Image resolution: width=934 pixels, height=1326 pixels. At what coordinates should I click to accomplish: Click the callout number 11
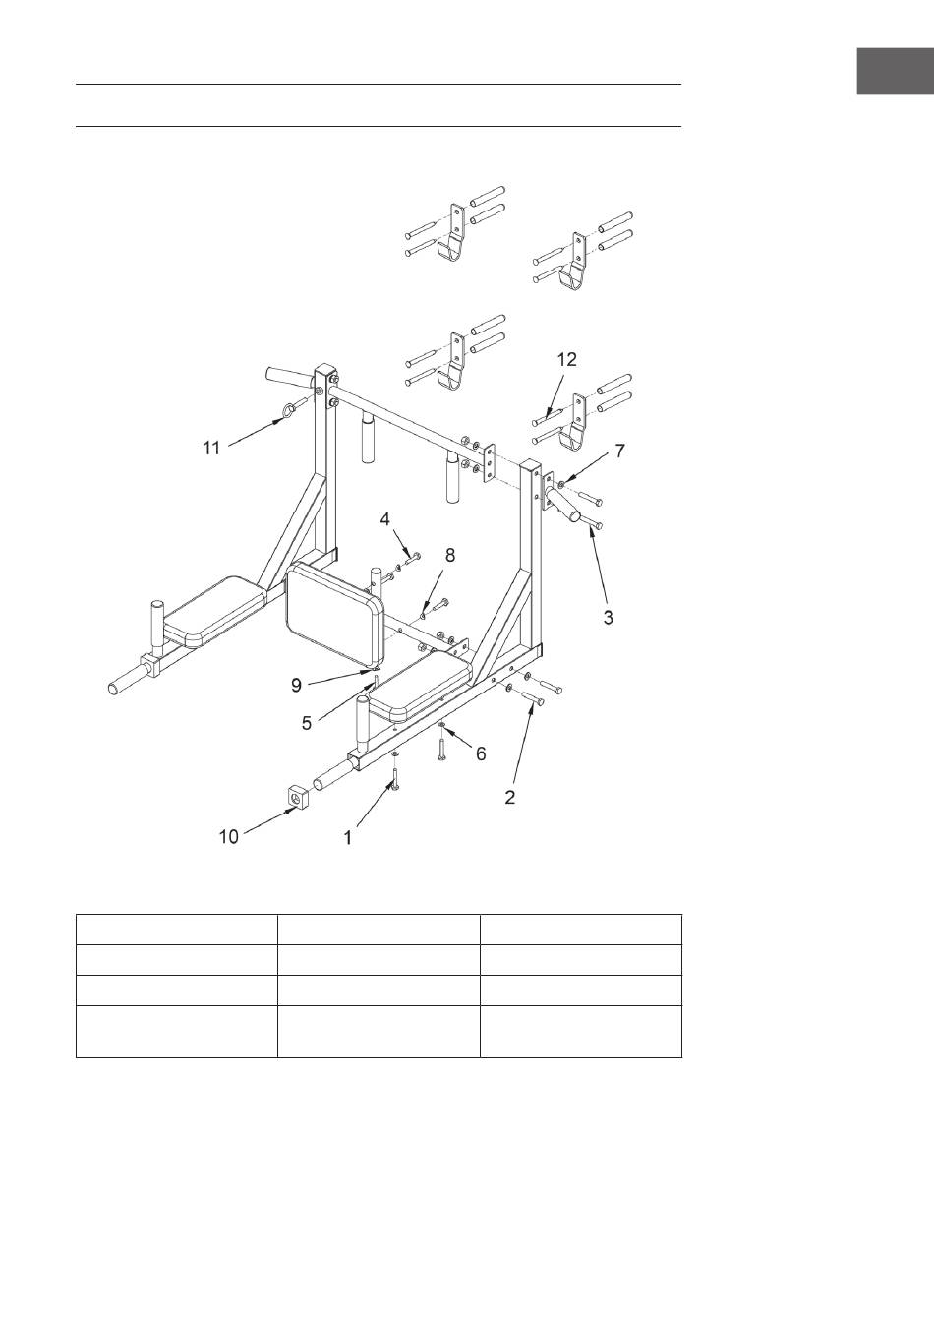pos(211,448)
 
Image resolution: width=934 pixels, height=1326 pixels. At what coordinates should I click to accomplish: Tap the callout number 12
pos(566,359)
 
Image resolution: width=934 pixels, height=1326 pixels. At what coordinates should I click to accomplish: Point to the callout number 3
pos(609,618)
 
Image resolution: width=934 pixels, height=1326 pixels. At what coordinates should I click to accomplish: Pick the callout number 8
pos(450,555)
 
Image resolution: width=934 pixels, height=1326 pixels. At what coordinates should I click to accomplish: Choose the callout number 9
pos(296,686)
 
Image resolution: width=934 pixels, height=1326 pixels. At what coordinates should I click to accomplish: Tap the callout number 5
pos(308,722)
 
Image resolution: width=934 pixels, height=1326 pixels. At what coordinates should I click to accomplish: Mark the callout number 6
pos(481,753)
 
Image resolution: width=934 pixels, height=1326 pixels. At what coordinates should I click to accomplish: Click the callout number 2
pos(510,798)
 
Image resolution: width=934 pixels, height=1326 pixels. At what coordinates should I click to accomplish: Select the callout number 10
pos(228,837)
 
